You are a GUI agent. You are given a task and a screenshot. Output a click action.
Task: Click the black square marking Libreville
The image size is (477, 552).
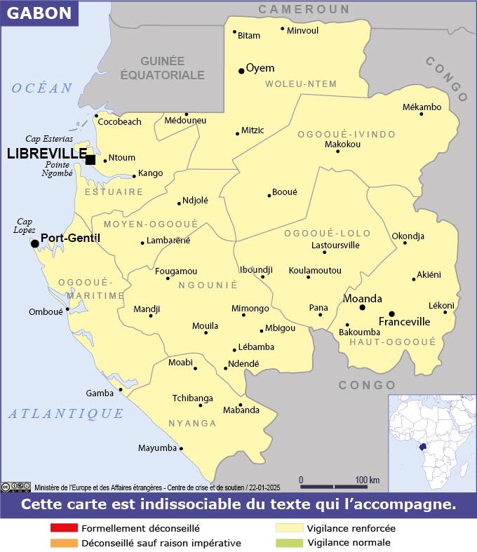click(90, 159)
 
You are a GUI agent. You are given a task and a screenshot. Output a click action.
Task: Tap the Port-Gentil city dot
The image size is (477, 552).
click(34, 243)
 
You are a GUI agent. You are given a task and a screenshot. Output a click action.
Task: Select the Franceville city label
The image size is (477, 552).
click(404, 322)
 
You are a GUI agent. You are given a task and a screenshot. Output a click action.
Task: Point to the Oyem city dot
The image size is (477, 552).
click(241, 70)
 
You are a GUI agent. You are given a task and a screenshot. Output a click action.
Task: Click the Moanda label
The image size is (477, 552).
click(362, 298)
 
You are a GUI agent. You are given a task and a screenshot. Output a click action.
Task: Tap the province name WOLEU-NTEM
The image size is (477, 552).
click(301, 84)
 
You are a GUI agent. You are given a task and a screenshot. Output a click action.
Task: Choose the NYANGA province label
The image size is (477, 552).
click(192, 424)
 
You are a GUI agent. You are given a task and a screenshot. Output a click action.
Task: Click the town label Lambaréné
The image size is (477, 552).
click(168, 240)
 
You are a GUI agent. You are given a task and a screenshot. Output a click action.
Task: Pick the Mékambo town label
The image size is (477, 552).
click(422, 107)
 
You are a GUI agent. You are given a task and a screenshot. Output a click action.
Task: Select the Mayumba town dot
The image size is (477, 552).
click(181, 448)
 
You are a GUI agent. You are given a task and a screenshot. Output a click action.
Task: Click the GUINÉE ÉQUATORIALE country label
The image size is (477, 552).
click(162, 68)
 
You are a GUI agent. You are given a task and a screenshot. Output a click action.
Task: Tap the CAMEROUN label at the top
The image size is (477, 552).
click(304, 9)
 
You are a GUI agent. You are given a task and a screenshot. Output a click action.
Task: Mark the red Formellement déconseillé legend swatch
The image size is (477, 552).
click(64, 528)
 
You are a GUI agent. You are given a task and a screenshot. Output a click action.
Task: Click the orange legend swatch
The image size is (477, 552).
click(64, 543)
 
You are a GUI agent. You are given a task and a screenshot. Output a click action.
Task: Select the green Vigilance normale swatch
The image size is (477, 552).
click(288, 543)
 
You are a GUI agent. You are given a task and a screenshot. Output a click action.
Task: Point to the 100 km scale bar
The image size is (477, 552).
click(334, 486)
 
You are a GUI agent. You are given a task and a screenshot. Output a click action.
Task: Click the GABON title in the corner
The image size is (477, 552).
click(39, 13)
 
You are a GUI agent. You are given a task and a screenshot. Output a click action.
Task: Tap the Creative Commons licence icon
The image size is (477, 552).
click(15, 487)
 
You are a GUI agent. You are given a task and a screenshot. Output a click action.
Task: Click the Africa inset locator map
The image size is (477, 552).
click(432, 443)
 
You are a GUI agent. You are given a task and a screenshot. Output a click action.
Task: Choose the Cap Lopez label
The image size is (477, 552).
click(25, 225)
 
